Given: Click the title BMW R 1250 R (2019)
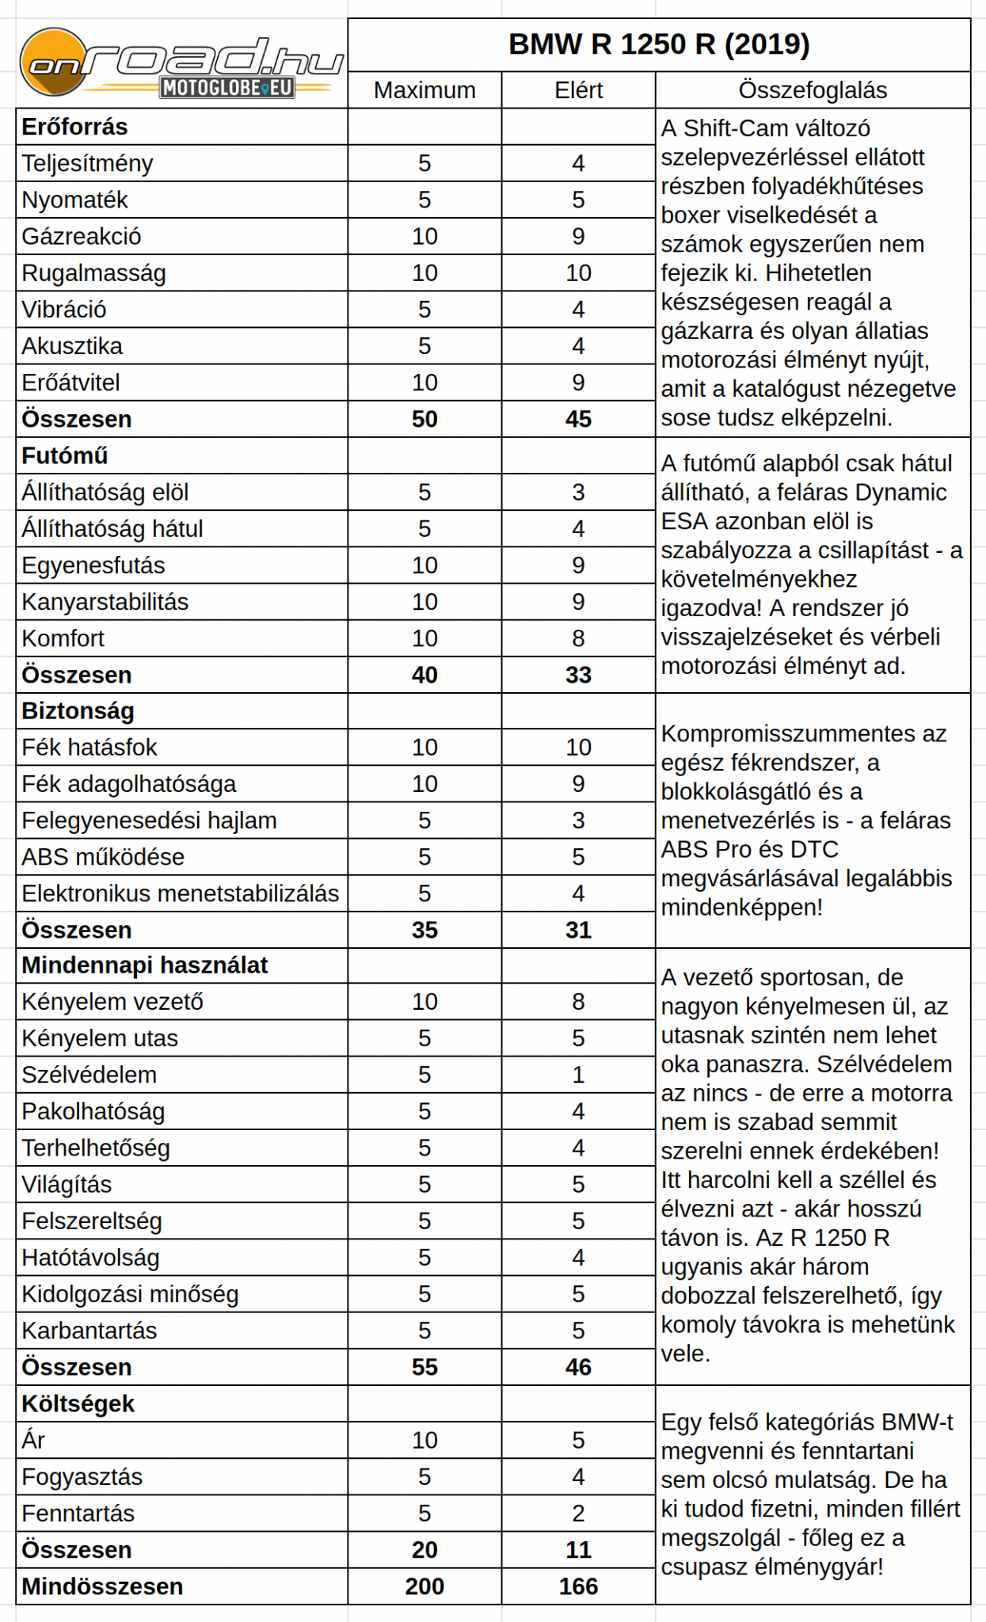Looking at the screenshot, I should [x=658, y=44].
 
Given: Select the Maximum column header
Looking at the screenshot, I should [x=424, y=90].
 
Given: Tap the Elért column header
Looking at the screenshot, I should [x=578, y=90].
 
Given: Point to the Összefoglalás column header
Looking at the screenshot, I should [x=813, y=90].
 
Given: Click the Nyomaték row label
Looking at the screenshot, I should [x=74, y=200].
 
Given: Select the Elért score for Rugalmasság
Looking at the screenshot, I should [x=578, y=273].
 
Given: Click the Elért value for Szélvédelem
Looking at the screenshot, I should [x=578, y=1075].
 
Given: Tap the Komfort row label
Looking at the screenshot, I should [x=63, y=638].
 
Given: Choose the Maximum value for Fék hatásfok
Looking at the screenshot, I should [x=424, y=747].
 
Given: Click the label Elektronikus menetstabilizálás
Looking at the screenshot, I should [x=180, y=893].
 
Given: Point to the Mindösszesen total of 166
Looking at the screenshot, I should [x=578, y=1586].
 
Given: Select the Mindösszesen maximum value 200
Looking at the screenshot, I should [x=424, y=1586].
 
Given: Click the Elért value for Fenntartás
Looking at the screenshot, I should [x=578, y=1513].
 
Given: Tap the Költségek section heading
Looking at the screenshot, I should [x=78, y=1403].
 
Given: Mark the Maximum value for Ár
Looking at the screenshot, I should [x=424, y=1440].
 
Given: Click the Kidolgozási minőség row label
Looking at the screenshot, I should [x=130, y=1294].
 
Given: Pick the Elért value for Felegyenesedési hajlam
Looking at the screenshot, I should [x=578, y=821].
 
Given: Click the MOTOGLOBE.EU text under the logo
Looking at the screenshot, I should [x=227, y=88].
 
